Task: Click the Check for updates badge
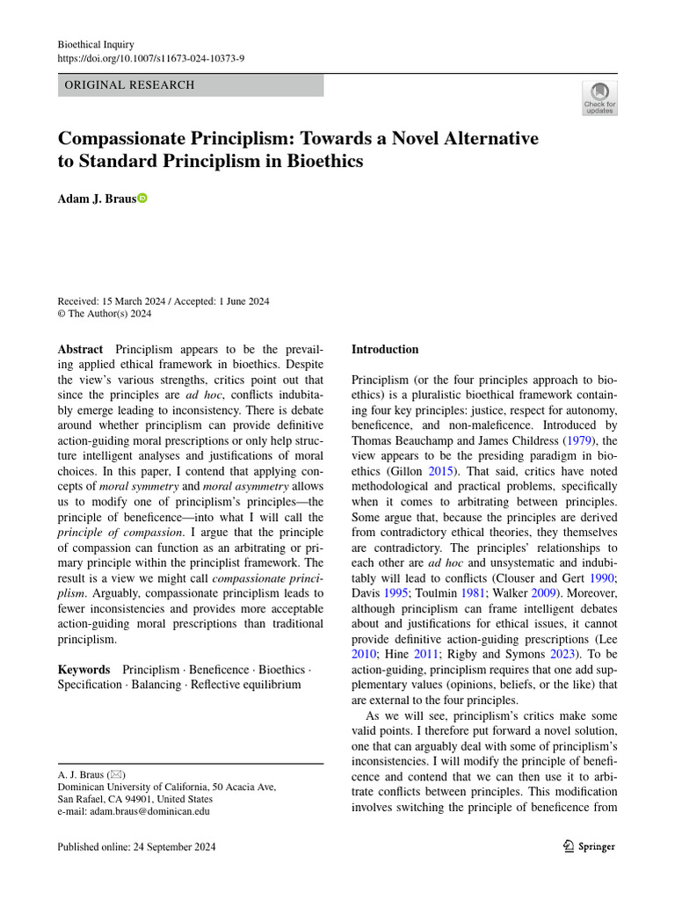click(x=600, y=98)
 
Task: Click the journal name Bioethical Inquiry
click(x=95, y=43)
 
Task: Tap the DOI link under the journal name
click(x=150, y=58)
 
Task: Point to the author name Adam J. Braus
click(x=97, y=199)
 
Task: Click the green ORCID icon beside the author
click(x=142, y=199)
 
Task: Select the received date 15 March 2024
click(x=142, y=301)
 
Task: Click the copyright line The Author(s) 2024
click(x=111, y=315)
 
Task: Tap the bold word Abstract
click(x=80, y=349)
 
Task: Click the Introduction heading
click(x=385, y=349)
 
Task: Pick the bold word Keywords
click(x=83, y=669)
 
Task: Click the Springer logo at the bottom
click(x=589, y=846)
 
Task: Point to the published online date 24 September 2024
click(x=136, y=847)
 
